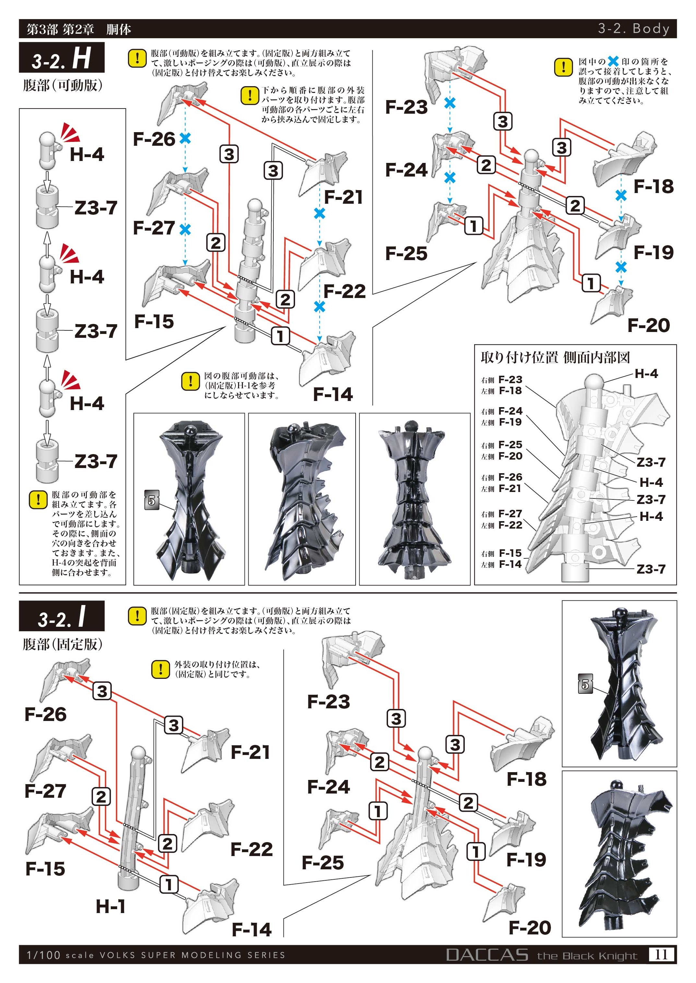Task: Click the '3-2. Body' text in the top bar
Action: tap(633, 29)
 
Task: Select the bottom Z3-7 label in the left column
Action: tap(96, 462)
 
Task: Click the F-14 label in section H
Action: tap(333, 394)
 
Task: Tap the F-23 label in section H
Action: tap(406, 108)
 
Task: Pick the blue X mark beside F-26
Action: tap(185, 138)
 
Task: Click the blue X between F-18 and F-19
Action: tap(621, 196)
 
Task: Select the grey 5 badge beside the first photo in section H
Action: tap(152, 500)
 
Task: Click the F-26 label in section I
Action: tap(45, 714)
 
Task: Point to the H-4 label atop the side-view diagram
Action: tap(646, 374)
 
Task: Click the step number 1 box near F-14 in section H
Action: tap(280, 336)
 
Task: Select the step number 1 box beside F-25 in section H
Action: tap(474, 226)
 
